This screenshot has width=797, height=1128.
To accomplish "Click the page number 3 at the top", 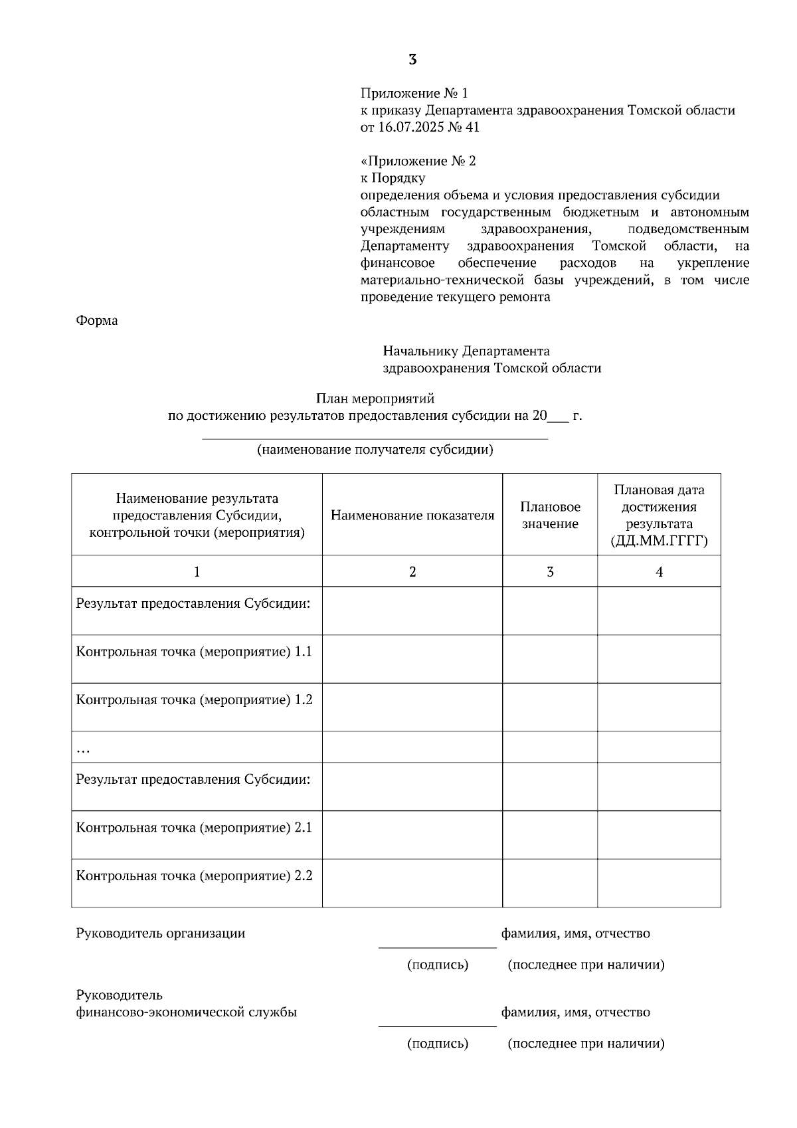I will [412, 60].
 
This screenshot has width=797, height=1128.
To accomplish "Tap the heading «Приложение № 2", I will [418, 161].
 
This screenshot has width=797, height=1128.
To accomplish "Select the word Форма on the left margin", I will [97, 321].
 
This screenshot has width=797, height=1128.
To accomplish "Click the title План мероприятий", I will [375, 399].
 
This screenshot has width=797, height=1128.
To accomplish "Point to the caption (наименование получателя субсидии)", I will [375, 450].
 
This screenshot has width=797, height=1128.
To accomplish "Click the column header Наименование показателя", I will [412, 516].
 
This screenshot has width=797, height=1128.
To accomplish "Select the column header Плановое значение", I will [550, 516].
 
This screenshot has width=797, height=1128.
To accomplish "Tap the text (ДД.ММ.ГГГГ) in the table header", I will [659, 541].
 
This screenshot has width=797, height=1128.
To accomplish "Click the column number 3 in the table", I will [550, 571].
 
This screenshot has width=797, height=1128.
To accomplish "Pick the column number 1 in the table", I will [197, 571].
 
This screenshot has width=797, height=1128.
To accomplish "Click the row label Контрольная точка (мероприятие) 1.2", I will [194, 700].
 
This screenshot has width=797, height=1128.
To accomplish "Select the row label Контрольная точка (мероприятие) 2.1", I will [194, 828].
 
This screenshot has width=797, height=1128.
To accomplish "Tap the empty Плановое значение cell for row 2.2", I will [550, 883].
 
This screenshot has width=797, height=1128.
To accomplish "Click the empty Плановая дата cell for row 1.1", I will [659, 658].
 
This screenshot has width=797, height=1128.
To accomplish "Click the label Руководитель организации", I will [161, 933].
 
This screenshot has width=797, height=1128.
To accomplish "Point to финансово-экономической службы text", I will [187, 1012].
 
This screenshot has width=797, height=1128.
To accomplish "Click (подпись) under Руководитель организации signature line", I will [438, 965].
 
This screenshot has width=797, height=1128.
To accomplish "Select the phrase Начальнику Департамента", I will [466, 351].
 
